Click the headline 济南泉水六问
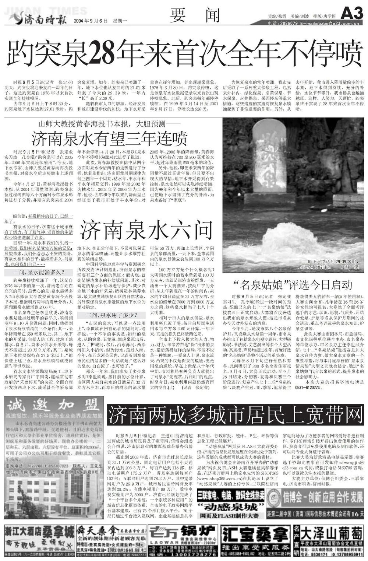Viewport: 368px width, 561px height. pyautogui.click(x=147, y=230)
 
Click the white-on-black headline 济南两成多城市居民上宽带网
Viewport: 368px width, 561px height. pyautogui.click(x=236, y=416)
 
